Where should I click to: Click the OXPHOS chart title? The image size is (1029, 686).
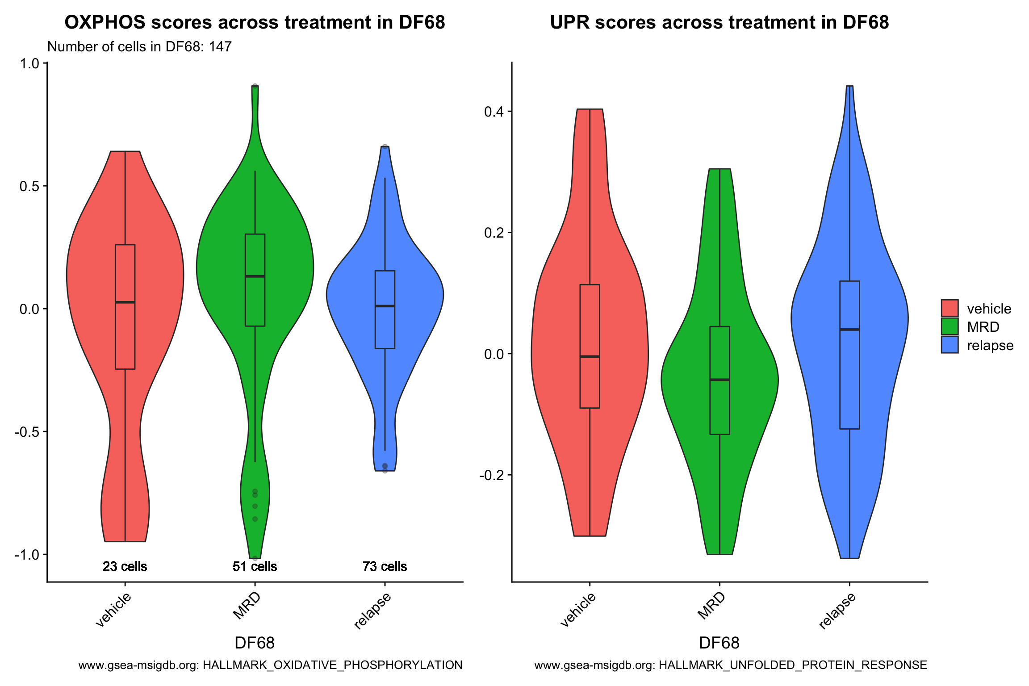coord(255,22)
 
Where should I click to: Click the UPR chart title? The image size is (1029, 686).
coord(719,22)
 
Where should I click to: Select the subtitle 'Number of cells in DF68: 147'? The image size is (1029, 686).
coord(139,46)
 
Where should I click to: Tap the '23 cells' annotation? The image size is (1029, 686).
coord(125,566)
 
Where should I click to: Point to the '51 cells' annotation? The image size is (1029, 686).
coord(255,566)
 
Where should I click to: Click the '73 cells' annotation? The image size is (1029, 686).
coord(385,566)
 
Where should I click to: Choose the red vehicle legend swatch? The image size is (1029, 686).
coord(950,308)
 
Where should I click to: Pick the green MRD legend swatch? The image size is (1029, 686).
coord(950,326)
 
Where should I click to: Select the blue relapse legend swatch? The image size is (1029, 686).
coord(950,345)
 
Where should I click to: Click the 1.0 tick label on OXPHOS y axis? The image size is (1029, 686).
coord(29,63)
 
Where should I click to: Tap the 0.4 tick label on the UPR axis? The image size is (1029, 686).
coord(494,111)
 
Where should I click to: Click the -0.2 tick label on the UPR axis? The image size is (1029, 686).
coord(492,475)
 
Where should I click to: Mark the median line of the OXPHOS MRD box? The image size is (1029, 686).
coord(255,276)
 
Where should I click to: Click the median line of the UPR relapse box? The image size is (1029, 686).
coord(849,330)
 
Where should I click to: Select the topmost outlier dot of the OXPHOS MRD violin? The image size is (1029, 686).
coord(255,86)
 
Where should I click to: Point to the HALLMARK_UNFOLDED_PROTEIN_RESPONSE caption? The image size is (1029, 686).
coord(731,665)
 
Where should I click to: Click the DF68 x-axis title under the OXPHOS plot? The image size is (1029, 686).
coord(255,643)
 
